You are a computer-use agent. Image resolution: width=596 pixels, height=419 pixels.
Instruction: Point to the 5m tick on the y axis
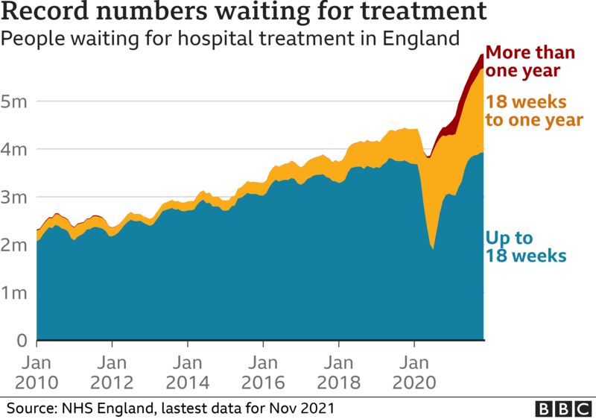14,101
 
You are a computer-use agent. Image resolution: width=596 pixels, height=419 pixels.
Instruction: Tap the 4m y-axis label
14,149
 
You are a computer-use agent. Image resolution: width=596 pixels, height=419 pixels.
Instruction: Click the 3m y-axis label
14,198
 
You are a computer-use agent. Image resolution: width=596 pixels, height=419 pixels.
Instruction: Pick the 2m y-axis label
14,245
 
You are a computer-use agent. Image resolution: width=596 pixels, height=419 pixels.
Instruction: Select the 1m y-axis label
14,293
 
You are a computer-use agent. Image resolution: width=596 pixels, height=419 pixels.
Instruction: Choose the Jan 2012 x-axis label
112,373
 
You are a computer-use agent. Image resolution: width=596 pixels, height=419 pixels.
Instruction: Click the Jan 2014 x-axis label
188,373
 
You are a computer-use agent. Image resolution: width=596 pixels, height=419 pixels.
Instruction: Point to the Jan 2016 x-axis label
263,373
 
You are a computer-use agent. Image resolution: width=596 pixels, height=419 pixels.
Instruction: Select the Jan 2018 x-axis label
339,373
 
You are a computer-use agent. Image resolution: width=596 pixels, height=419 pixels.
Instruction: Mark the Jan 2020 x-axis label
415,373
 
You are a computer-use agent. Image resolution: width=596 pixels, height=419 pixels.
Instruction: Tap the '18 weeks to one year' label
533,111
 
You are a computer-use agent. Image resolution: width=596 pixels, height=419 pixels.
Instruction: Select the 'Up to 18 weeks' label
526,247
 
